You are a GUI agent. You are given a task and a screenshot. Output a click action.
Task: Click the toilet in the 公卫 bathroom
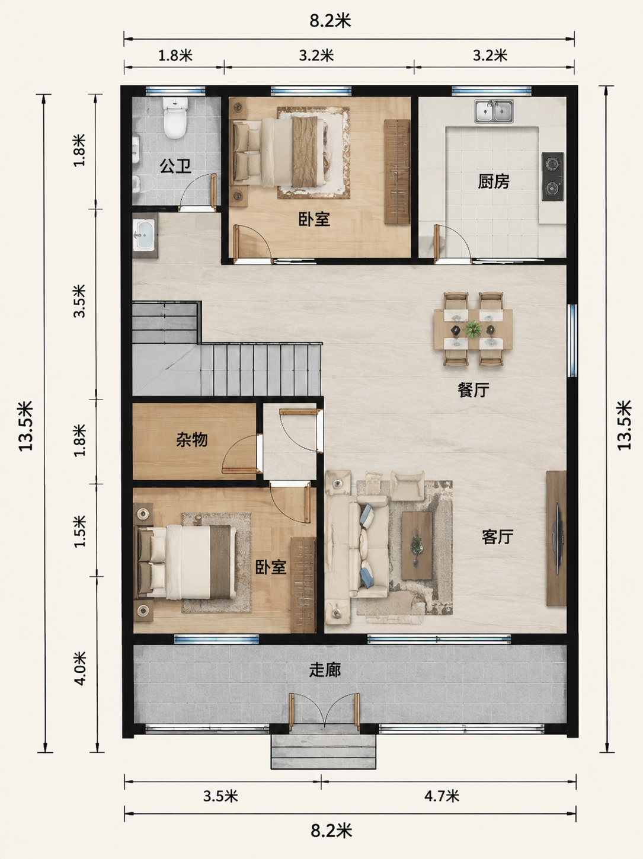point(175,117)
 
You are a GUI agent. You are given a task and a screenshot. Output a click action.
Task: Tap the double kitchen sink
point(494,111)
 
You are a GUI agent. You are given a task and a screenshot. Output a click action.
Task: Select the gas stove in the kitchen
point(552,177)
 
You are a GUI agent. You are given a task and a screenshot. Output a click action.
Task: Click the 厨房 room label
point(494,181)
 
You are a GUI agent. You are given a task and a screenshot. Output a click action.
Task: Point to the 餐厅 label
point(474,389)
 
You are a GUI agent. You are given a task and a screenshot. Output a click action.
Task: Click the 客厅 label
point(497,537)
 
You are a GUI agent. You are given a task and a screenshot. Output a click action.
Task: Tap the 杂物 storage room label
point(191,440)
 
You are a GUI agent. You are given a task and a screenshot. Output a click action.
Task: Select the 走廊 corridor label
point(325,670)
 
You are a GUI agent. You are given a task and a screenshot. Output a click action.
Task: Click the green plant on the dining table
point(474,329)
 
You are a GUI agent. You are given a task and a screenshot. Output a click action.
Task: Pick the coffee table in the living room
point(417,545)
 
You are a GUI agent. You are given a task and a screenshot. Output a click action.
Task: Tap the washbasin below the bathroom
point(145,235)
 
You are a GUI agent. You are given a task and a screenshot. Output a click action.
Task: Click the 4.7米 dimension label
point(442,796)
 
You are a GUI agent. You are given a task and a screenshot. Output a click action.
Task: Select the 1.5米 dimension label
point(79,531)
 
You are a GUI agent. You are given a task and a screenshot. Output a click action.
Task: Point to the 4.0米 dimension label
point(79,668)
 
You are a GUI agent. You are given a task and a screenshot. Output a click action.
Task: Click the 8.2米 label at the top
point(331,21)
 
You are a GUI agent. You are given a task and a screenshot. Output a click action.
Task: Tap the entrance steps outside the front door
point(324,751)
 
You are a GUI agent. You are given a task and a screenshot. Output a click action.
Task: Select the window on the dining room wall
point(572,340)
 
